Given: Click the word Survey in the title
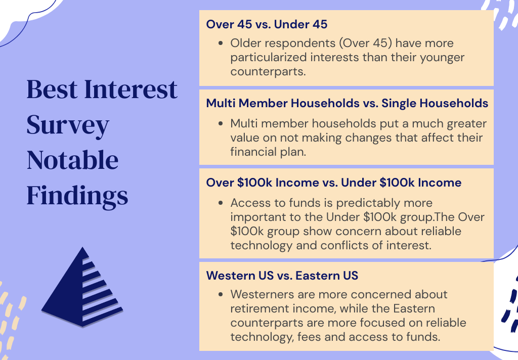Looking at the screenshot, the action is (68, 126).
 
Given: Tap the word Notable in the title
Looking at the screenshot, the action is (72, 160).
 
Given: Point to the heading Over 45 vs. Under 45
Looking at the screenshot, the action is (267, 24).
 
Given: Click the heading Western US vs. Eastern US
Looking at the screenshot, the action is (282, 276).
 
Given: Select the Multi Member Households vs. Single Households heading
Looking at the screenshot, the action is (347, 103).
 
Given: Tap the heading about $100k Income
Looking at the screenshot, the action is (334, 183).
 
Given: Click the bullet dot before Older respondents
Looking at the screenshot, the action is (221, 43).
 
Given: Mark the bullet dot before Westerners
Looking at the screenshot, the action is (221, 295).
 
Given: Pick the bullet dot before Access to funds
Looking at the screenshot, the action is (221, 203).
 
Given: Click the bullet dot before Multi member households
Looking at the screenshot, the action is (221, 124).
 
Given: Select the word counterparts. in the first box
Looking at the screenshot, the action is (268, 72).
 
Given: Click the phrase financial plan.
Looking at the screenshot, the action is (268, 152).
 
